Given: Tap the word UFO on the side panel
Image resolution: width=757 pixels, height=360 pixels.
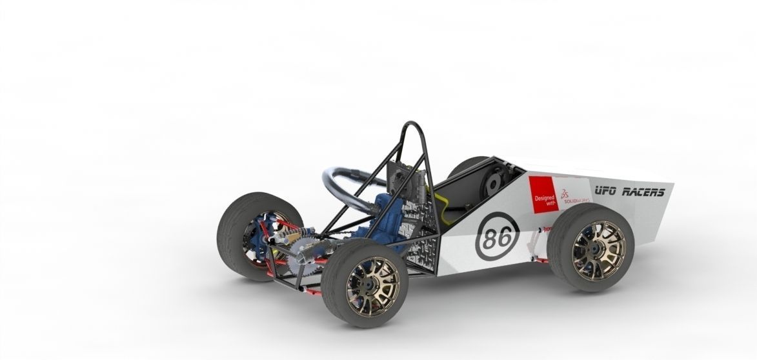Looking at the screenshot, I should pyautogui.click(x=606, y=191).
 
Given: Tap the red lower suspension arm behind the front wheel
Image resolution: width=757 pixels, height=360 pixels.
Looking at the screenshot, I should pyautogui.click(x=540, y=260).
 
